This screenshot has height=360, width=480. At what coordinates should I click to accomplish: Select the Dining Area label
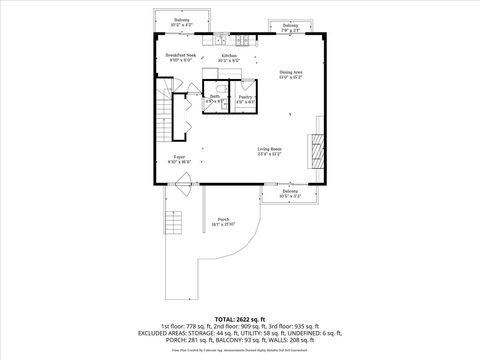(x=290, y=73)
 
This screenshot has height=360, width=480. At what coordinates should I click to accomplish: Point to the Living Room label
(x=269, y=151)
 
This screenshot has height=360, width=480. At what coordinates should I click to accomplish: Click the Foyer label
(x=180, y=158)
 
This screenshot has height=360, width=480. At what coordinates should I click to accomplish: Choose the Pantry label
(x=244, y=98)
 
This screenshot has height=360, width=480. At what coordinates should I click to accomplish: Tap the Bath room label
(x=215, y=98)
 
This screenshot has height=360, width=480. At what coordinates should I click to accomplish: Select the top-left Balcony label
(x=181, y=21)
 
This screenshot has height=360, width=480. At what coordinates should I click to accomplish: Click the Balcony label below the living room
(x=288, y=195)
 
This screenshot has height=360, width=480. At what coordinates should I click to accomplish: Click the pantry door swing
(x=239, y=108)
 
